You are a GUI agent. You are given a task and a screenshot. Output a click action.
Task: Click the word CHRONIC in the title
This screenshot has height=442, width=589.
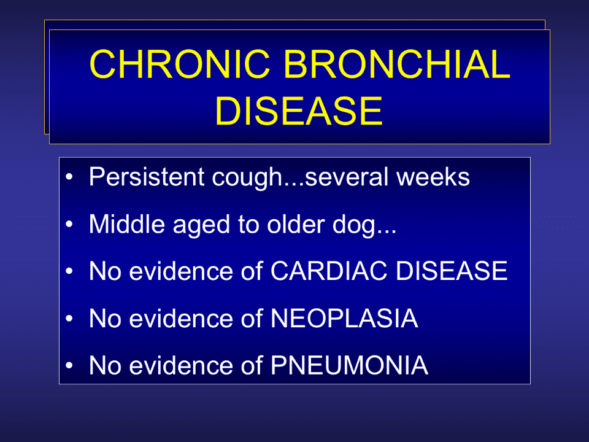tap(180, 64)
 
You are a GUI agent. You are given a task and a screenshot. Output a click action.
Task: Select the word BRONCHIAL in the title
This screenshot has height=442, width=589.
tap(397, 64)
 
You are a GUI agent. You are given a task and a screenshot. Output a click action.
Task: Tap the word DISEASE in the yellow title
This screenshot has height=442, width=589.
tap(299, 111)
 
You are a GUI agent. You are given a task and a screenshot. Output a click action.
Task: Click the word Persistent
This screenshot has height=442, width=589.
tap(147, 176)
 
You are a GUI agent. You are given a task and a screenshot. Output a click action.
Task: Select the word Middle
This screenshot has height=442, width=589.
tap(127, 224)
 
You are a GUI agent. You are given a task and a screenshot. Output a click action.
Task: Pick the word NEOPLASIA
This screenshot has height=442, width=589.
tap(344, 319)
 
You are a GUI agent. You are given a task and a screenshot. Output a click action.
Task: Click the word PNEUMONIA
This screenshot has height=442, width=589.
tap(349, 365)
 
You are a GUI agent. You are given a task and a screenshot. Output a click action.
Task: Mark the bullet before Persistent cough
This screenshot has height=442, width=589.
tap(69, 177)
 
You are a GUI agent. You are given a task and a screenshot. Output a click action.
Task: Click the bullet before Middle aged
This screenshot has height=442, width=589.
tap(69, 224)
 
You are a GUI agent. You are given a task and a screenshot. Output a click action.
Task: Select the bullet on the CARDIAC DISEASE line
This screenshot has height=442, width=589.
tap(69, 271)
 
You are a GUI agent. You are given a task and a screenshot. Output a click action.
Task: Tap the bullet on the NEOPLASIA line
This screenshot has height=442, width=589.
tap(69, 319)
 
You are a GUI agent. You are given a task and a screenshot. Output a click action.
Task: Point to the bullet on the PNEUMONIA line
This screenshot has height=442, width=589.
tap(69, 365)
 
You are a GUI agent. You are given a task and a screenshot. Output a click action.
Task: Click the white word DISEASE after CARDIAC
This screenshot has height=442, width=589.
tap(452, 271)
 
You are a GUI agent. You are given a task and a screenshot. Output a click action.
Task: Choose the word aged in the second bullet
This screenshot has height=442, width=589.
tap(201, 225)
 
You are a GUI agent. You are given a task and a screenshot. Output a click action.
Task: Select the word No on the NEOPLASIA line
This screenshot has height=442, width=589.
tap(105, 319)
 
